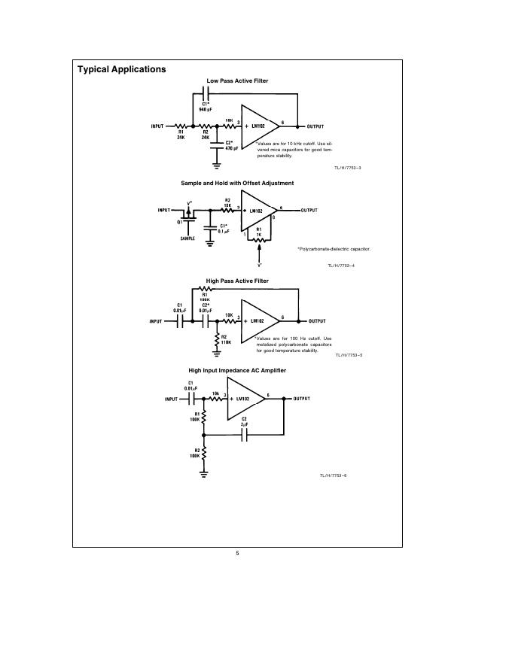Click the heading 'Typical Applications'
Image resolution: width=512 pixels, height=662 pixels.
(x=121, y=69)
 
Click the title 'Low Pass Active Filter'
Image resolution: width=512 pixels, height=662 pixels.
(x=237, y=80)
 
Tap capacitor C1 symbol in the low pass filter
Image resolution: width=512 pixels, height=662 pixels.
(x=206, y=93)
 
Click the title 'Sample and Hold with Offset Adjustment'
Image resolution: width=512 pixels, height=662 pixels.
(x=237, y=183)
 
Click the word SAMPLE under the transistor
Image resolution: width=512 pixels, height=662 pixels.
(x=189, y=238)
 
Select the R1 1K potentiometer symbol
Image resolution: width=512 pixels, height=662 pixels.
(x=259, y=242)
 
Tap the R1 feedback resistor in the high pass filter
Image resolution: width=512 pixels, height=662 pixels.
(x=205, y=289)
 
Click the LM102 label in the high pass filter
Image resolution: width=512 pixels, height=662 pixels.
(x=255, y=320)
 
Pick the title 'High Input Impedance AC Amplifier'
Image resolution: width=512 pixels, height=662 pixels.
(x=237, y=370)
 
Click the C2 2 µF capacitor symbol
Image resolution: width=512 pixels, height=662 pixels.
(x=244, y=435)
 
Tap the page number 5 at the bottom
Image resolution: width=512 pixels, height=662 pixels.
(x=237, y=554)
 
